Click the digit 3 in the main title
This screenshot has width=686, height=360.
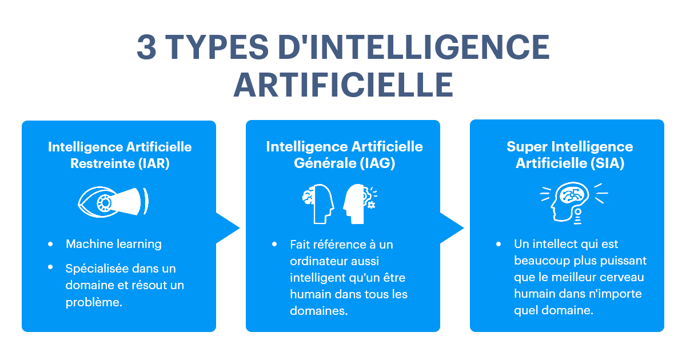(x=147, y=47)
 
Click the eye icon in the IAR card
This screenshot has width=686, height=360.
(x=113, y=201)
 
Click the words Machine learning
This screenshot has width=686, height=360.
(x=114, y=244)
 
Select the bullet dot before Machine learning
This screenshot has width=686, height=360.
(x=51, y=244)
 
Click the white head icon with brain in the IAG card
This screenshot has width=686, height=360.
(x=318, y=203)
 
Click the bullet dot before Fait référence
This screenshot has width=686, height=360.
(x=275, y=244)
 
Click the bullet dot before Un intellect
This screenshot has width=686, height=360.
(x=499, y=244)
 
